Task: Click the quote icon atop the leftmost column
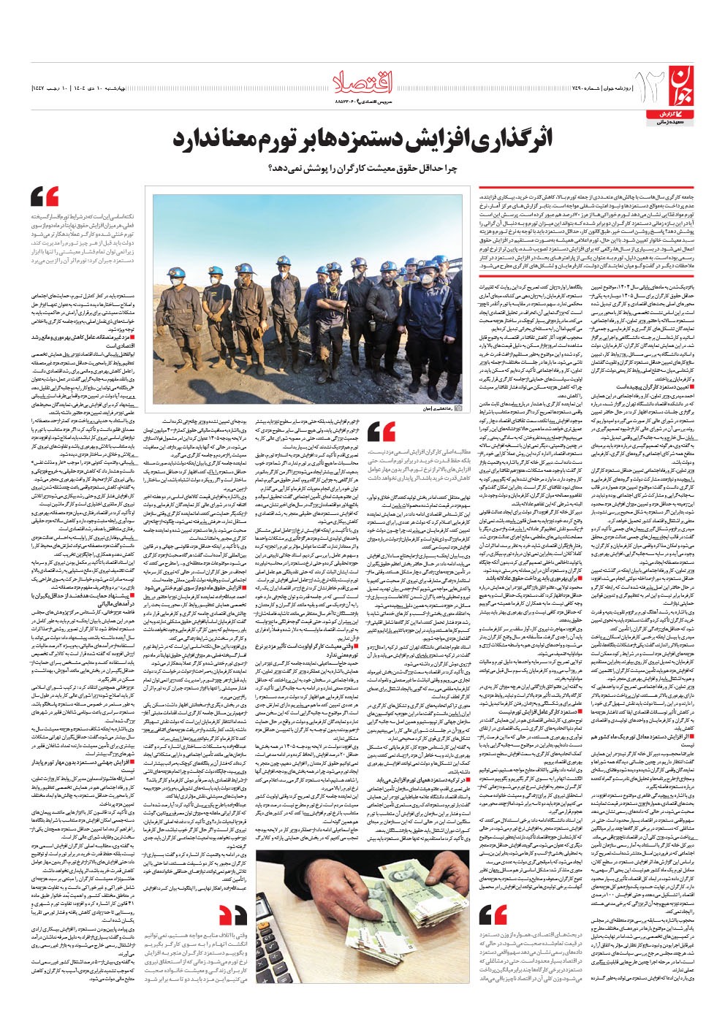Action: (x=45, y=196)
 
